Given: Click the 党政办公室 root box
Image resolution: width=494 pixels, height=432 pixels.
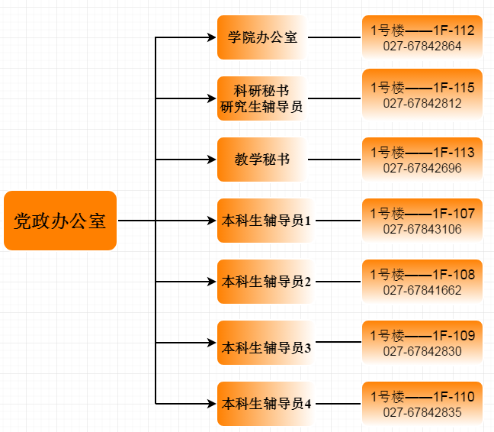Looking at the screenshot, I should [60, 221].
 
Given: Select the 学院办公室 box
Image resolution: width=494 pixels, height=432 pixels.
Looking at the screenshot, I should [261, 37].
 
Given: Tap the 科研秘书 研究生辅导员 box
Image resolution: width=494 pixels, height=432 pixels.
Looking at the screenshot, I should [261, 98].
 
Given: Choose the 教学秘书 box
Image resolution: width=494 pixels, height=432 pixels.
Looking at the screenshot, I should [261, 160].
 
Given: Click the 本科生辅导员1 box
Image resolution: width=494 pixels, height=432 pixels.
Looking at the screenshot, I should [265, 221].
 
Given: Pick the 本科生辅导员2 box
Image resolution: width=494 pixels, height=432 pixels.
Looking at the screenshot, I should [265, 282].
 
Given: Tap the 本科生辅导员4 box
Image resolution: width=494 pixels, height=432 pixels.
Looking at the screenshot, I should [265, 404].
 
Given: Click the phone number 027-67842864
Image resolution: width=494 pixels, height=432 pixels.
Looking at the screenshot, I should [422, 46].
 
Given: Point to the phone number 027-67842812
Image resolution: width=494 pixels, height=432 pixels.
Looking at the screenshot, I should [422, 103].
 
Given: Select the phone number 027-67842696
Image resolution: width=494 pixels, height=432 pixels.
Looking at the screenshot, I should [422, 168].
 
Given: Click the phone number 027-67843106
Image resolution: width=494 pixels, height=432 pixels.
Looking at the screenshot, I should [422, 228].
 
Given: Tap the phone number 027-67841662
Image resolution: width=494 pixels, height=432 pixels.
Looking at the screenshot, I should [422, 290].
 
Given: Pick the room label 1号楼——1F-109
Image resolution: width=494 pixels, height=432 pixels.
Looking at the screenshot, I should [422, 335].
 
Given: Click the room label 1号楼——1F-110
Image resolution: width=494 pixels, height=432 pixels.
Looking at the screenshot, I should [422, 396].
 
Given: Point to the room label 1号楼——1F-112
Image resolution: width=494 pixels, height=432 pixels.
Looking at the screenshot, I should [422, 31].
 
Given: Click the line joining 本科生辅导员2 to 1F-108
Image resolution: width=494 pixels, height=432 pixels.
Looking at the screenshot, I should [337, 282].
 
